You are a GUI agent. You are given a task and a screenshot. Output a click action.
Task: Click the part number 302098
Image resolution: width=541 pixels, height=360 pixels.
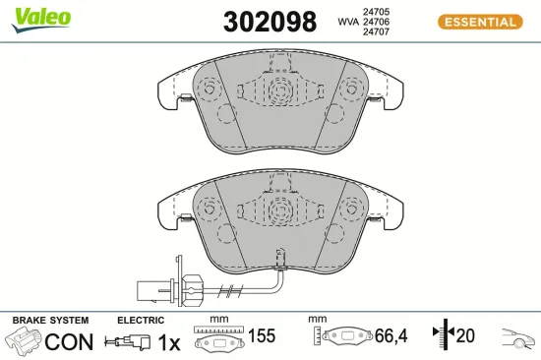pos(270,21)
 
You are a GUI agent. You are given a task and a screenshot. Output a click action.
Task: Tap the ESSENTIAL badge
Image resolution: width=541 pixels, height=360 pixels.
pos(478,21)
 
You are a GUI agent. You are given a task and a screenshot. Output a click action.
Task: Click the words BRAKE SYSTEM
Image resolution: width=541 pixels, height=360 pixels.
pos(49,321)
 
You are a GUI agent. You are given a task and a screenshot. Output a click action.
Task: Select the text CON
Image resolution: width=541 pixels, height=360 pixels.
pos(69,342)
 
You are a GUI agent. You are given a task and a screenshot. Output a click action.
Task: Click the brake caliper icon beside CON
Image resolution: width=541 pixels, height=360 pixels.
pos(24,342)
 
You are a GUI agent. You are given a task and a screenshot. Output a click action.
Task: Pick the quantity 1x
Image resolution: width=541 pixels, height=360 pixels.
pos(170,342)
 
